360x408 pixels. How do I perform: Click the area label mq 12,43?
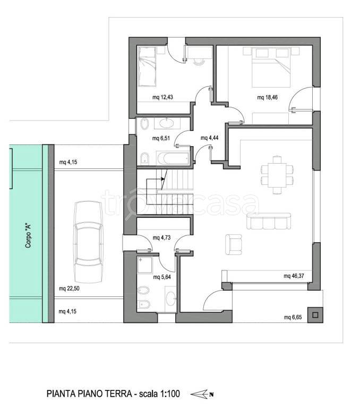[x=162, y=97]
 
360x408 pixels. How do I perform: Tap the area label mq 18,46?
[x=268, y=97]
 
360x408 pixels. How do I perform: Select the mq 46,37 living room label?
[x=294, y=276]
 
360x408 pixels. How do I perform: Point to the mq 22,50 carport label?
[x=69, y=288]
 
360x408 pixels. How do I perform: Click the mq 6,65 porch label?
[x=293, y=317]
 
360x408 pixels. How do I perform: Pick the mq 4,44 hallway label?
[x=209, y=138]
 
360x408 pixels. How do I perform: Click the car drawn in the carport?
[x=88, y=242]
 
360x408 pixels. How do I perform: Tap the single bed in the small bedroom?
[x=147, y=66]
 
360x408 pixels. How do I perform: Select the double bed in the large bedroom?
[x=271, y=67]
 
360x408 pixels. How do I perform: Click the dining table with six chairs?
[x=277, y=175]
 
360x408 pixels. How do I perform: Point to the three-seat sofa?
[x=269, y=221]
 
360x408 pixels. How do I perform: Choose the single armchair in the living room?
[x=233, y=244]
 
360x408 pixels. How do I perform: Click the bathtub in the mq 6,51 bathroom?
[x=173, y=158]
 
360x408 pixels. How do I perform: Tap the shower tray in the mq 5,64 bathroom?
[x=145, y=265]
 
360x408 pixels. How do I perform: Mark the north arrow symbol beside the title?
[x=202, y=394]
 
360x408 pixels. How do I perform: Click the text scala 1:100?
[x=159, y=394]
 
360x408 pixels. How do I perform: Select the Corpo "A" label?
[x=28, y=236]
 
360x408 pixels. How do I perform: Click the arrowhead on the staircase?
[x=163, y=178]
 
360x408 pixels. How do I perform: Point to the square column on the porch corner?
[x=315, y=315]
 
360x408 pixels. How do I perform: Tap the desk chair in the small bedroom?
[x=199, y=61]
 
